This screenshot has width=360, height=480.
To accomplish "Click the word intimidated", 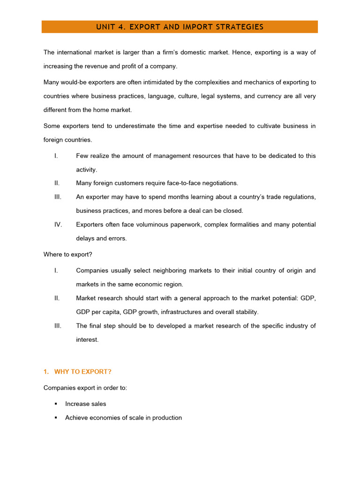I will tap(151, 82).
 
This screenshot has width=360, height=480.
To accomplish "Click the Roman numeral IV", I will tap(58, 225).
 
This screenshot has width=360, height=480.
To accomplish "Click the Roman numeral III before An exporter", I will tap(58, 197).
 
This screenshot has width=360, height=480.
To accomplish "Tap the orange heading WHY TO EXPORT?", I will tap(83, 372).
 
